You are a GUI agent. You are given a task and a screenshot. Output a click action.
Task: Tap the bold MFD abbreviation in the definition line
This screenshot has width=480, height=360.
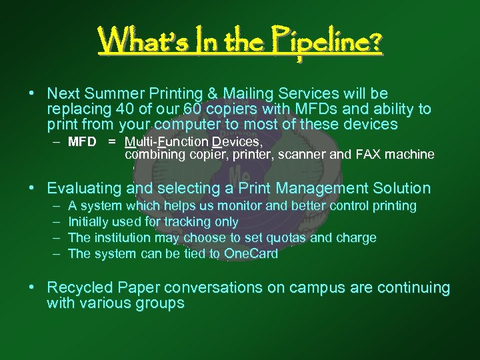[x=82, y=142]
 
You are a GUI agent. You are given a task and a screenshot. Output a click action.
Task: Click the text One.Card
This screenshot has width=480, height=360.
[x=251, y=253]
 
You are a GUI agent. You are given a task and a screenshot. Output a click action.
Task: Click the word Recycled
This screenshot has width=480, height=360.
[x=79, y=288]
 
